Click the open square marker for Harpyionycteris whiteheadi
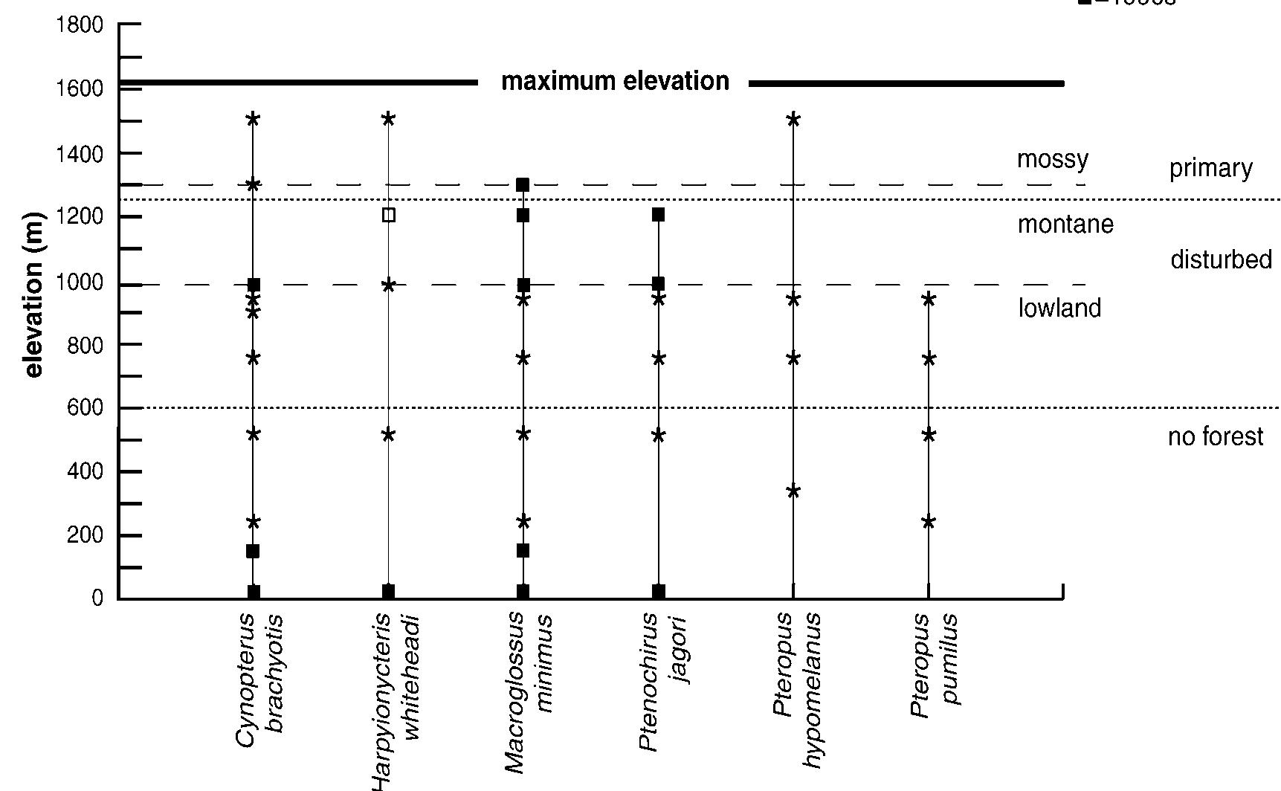388,216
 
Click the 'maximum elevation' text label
615,81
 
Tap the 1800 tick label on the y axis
79,25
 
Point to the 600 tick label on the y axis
84,409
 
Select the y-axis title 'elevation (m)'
34,295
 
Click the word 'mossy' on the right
1052,160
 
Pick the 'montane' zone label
1065,224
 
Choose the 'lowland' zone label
1059,309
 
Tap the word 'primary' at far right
1210,169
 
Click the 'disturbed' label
1221,260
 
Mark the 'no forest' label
1215,437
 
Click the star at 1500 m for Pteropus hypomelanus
793,119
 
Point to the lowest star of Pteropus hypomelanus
793,491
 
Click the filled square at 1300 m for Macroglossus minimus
523,184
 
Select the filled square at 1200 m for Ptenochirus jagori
658,215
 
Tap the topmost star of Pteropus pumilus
929,300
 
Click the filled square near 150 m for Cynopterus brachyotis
253,551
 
